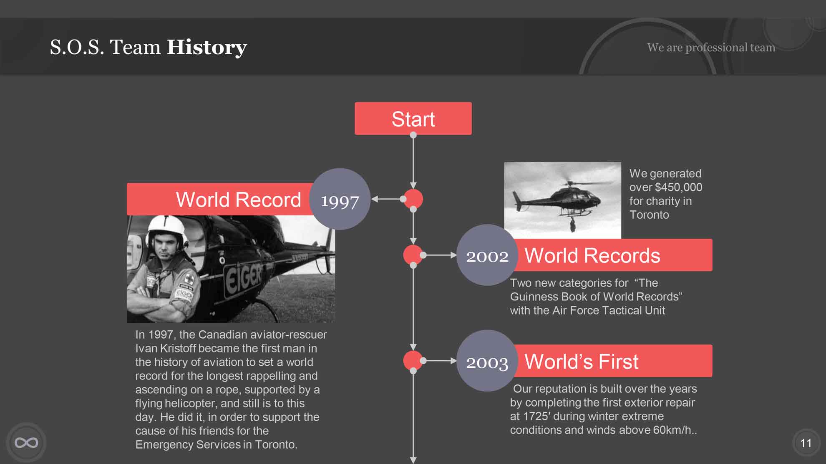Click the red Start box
413,118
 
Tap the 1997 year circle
340,199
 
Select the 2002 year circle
487,255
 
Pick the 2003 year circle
487,361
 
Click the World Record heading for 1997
238,200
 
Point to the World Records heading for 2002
592,255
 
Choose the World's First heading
581,361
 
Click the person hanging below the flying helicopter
572,225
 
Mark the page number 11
806,443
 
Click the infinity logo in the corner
26,442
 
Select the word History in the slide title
207,47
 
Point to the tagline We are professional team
711,47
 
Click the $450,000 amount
678,187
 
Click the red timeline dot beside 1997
413,199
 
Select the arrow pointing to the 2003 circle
440,361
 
